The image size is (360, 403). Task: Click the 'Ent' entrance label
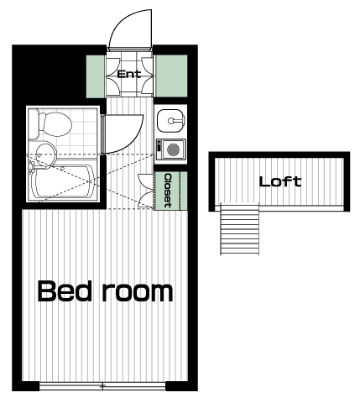129,74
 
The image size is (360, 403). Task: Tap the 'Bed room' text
105,291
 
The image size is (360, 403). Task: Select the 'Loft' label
280,181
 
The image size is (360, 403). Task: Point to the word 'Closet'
168,191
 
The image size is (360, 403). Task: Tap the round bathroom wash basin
44,154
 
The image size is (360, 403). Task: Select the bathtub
63,182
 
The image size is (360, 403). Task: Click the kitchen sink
170,121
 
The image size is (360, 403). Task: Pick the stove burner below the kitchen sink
173,149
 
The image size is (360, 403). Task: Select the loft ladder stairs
240,229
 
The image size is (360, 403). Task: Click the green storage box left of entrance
96,76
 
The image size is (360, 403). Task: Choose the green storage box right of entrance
171,76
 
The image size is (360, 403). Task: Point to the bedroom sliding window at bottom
102,386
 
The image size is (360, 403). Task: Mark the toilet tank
34,124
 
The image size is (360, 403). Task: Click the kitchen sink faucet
176,121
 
